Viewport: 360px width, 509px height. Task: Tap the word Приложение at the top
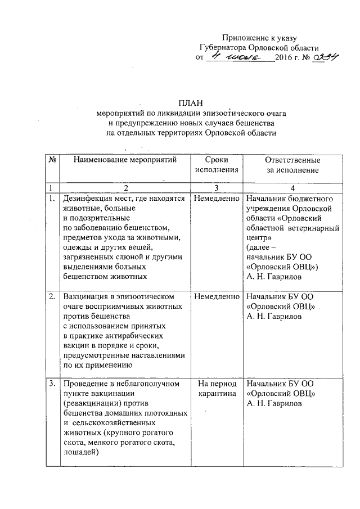[x=246, y=37]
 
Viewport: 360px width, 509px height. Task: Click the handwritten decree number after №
[x=326, y=57]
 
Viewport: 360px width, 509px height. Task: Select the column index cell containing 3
[x=216, y=187]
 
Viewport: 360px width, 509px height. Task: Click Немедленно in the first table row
[x=216, y=199]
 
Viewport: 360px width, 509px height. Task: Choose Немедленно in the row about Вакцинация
[x=216, y=296]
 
